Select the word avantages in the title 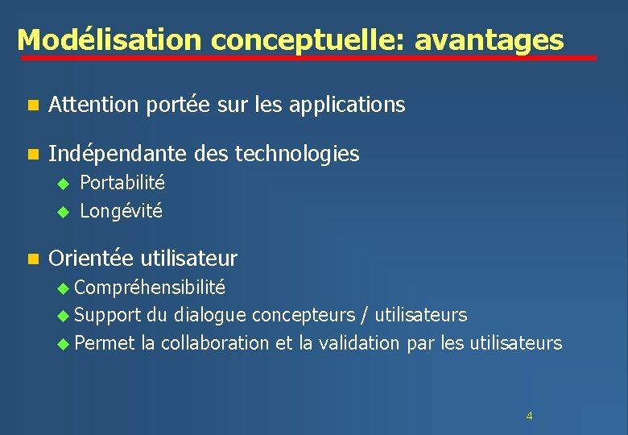(x=490, y=39)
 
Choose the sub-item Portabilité (x=122, y=182)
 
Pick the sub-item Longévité (x=121, y=211)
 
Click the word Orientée (x=91, y=259)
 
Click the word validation (x=359, y=343)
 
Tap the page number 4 (x=529, y=416)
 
